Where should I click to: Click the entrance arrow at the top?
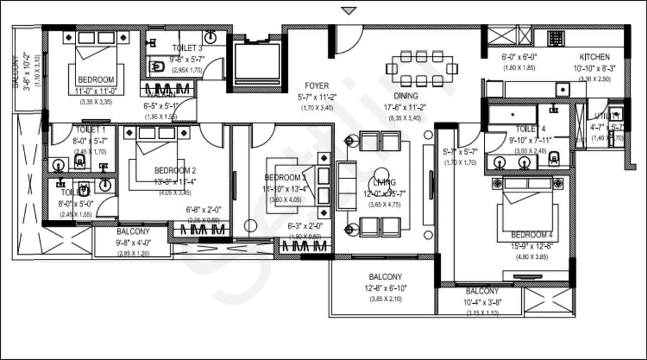(x=349, y=10)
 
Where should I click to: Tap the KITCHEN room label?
(x=594, y=57)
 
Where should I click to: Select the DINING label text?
(x=406, y=96)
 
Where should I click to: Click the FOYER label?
(x=316, y=86)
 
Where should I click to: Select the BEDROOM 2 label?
(x=175, y=170)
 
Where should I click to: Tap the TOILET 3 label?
(x=187, y=48)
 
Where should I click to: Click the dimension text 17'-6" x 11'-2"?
(x=406, y=107)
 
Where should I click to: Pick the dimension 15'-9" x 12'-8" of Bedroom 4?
(x=529, y=246)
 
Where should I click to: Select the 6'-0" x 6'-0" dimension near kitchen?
(x=519, y=58)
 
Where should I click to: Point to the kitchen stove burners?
(x=555, y=37)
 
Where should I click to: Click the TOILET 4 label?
(x=531, y=129)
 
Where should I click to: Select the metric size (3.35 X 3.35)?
(x=95, y=102)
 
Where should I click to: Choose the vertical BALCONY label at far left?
(x=15, y=72)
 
